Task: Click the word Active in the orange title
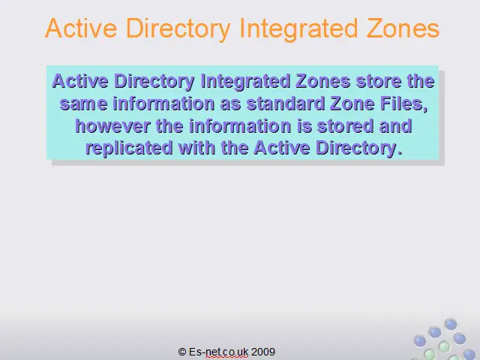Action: click(x=81, y=28)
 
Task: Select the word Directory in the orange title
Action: click(x=178, y=29)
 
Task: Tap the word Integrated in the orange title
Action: click(x=298, y=29)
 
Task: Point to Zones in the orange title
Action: click(x=403, y=28)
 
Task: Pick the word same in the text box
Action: click(x=83, y=103)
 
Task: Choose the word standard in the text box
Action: click(x=285, y=103)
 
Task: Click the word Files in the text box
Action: click(x=403, y=103)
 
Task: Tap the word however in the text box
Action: click(x=112, y=126)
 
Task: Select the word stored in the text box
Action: click(x=345, y=126)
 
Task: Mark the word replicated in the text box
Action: click(x=129, y=148)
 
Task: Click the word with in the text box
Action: click(x=197, y=148)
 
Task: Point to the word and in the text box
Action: click(x=395, y=126)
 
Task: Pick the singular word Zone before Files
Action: click(x=352, y=103)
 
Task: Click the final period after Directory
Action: click(x=399, y=152)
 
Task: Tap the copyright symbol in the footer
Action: click(x=182, y=352)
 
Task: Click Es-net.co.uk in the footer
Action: click(x=218, y=352)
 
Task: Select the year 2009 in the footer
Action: click(x=263, y=352)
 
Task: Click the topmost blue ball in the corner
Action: click(x=451, y=324)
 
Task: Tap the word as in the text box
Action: click(x=230, y=104)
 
